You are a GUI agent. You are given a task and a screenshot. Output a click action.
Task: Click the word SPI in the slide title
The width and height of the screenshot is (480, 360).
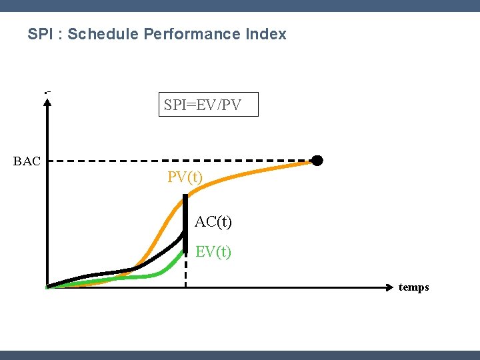[x=39, y=34]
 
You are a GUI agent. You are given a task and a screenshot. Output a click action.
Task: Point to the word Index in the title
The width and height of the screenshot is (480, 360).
[x=267, y=34]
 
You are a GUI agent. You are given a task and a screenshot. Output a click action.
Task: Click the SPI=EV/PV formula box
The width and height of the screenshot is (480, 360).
[x=208, y=105]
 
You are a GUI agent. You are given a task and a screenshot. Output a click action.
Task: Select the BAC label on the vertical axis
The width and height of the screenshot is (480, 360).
[x=27, y=161]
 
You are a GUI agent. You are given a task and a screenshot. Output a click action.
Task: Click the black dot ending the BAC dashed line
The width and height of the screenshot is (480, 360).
[x=317, y=160]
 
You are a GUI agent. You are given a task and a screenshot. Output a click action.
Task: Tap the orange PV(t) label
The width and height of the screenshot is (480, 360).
[x=185, y=177]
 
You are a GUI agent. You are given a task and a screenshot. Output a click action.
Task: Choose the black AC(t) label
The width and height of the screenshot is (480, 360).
[x=213, y=221]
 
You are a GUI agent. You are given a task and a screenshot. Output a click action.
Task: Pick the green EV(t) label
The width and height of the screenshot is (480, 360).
[x=213, y=252]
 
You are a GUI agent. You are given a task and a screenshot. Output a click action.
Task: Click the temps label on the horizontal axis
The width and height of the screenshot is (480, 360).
[x=413, y=287]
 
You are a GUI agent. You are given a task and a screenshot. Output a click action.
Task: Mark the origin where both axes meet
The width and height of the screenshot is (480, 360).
[x=47, y=287]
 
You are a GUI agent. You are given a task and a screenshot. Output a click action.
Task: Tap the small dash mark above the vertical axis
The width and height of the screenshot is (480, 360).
[x=47, y=91]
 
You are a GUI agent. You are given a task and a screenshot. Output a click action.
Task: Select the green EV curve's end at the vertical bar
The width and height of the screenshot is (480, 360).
[x=183, y=251]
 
